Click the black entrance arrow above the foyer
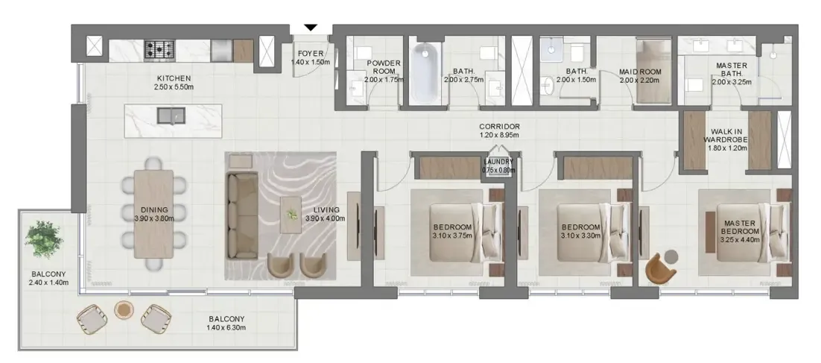coord(311,28)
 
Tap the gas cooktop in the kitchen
coord(159,49)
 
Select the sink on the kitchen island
coord(171,116)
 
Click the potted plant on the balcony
coord(41,236)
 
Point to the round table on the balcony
coord(124,309)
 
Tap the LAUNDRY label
coord(498,162)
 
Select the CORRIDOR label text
coord(499,127)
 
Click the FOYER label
coord(309,54)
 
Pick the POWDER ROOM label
coord(384,67)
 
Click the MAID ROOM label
coord(640,72)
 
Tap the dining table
coord(153,214)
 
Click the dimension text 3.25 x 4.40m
coord(738,240)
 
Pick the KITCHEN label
coord(174,78)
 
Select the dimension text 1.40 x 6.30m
coord(227,327)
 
